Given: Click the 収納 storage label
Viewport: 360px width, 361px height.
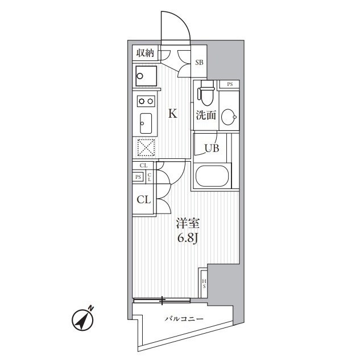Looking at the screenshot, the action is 145,53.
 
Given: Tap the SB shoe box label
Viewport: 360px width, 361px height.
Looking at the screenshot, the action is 199,63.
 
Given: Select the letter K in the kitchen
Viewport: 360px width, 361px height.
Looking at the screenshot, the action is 173,113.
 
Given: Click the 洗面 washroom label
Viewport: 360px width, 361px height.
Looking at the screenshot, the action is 206,116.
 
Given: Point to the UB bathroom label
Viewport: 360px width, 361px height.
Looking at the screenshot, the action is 212,148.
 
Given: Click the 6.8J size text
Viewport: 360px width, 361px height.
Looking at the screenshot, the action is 188,239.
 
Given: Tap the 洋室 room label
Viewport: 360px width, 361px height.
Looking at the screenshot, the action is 188,223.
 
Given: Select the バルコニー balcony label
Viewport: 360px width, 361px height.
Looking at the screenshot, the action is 184,319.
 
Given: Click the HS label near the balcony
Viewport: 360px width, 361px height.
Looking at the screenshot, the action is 204,284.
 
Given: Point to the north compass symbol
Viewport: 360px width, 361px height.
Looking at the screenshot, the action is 83,319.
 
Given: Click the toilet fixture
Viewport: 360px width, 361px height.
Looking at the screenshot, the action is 207,92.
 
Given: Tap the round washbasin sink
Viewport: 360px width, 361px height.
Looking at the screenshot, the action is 229,117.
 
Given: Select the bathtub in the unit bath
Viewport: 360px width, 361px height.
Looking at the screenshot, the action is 212,176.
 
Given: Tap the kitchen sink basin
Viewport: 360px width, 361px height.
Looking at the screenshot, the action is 146,124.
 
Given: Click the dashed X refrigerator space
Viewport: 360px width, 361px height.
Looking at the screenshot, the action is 146,147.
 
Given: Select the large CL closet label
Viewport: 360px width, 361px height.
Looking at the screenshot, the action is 144,200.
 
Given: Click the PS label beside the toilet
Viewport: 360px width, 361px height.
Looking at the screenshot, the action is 230,84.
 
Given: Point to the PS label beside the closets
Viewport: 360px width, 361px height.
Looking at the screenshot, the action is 138,177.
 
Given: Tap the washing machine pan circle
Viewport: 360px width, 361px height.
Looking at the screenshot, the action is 139,76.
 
